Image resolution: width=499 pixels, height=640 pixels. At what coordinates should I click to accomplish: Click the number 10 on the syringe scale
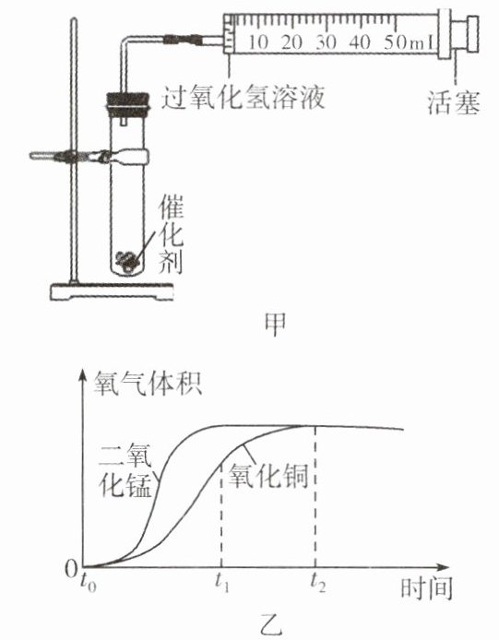click(x=258, y=42)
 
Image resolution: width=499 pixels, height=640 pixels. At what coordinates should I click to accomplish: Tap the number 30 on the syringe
click(x=327, y=42)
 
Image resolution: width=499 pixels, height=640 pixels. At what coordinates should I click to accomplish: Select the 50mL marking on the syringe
click(x=409, y=42)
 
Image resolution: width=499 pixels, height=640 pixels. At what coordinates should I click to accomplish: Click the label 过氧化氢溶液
click(x=244, y=98)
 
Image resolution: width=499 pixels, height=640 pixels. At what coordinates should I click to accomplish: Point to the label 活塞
click(x=453, y=102)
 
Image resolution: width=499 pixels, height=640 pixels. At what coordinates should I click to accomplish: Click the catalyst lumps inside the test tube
click(x=129, y=259)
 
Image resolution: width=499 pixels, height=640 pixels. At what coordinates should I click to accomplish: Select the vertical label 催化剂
click(x=171, y=234)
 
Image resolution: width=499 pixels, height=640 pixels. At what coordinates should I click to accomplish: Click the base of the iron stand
click(x=112, y=291)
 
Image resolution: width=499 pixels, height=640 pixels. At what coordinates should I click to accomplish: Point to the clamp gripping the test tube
click(x=89, y=156)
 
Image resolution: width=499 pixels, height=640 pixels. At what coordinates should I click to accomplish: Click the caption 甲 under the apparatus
click(x=275, y=325)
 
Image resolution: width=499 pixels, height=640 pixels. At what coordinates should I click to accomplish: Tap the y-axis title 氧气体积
click(x=148, y=383)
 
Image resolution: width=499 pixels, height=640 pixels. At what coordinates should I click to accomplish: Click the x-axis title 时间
click(x=426, y=588)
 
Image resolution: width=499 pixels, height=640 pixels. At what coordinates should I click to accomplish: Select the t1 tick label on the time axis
click(x=221, y=583)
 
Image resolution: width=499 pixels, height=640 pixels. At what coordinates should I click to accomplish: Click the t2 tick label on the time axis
click(x=317, y=583)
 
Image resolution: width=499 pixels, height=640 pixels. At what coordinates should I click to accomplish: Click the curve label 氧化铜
click(x=267, y=476)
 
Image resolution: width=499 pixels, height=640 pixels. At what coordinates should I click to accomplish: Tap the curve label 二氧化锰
click(x=125, y=470)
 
